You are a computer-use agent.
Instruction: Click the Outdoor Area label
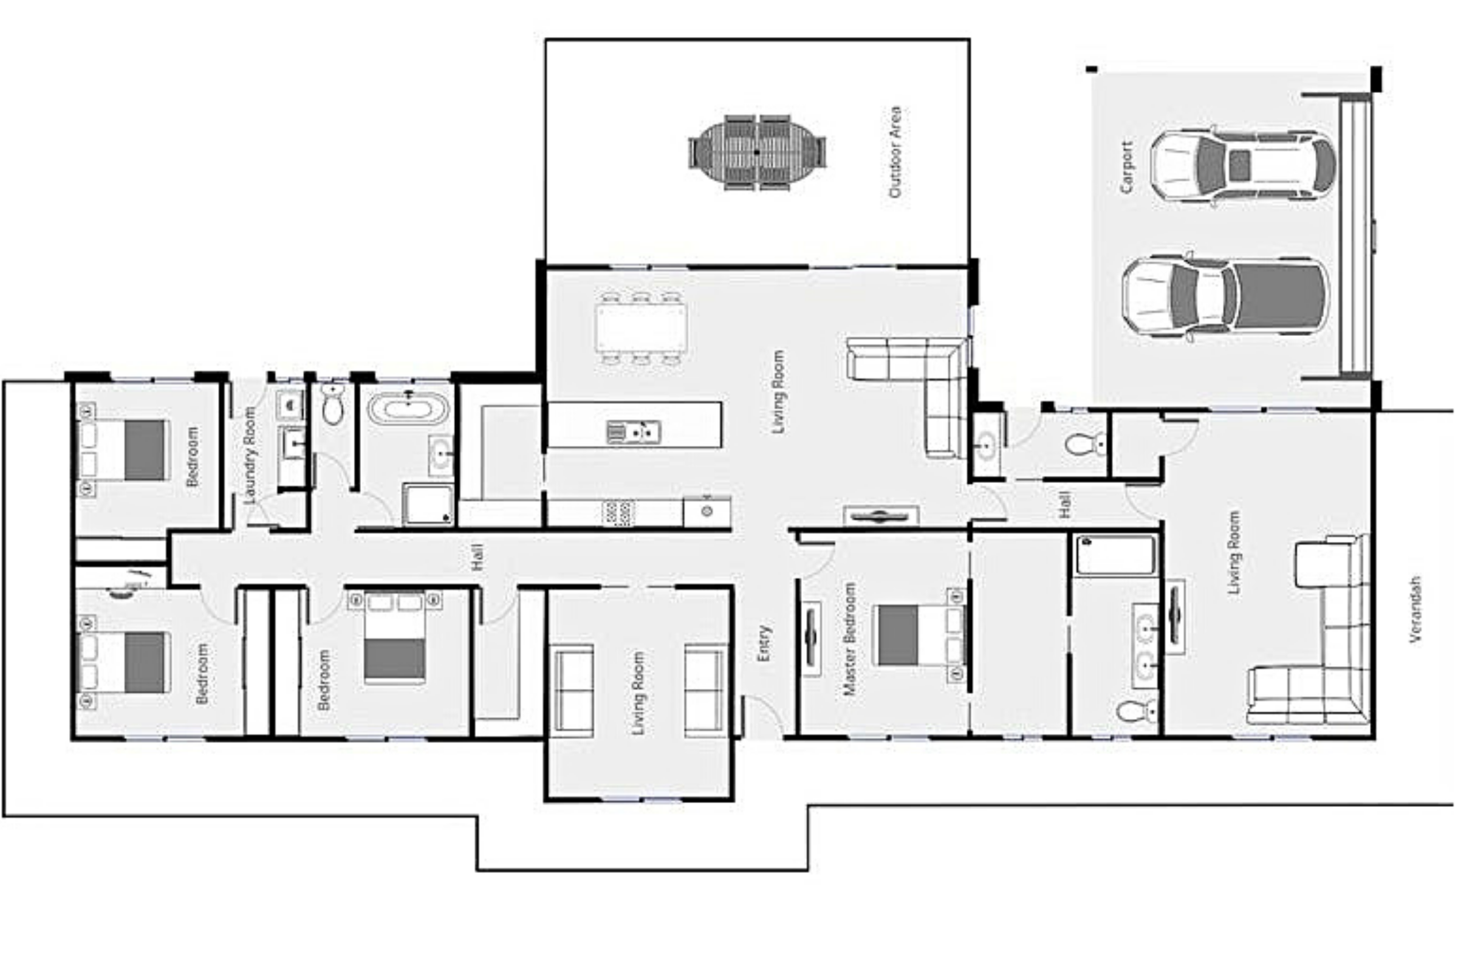coord(894,152)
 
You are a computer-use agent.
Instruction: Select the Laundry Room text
coord(249,455)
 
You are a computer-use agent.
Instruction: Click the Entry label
coord(764,643)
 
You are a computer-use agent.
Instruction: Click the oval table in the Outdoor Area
coord(757,152)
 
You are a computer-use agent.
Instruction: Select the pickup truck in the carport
coord(1225,297)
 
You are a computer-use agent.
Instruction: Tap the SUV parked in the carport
coord(1243,165)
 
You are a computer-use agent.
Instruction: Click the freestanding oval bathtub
coord(408,408)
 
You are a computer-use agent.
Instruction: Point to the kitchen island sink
coord(633,431)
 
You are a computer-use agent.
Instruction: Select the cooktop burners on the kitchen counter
coord(618,513)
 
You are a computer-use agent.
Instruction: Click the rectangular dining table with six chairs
coord(640,328)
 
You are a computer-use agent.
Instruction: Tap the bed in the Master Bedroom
coord(919,635)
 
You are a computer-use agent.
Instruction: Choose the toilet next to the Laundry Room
coord(333,404)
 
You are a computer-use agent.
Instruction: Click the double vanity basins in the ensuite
coord(1146,645)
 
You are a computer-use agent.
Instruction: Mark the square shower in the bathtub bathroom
coord(428,504)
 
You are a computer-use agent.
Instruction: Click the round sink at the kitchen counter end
coord(707,511)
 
